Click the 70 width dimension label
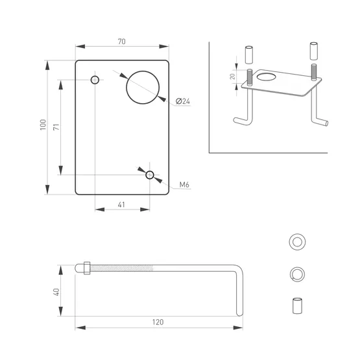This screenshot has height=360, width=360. tap(122, 42)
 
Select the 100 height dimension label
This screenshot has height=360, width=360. tap(43, 125)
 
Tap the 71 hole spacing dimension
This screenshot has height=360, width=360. tap(56, 127)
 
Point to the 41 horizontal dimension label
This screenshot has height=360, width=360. tap(121, 204)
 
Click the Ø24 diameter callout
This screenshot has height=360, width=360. tap(183, 101)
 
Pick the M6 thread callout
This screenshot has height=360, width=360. tap(184, 184)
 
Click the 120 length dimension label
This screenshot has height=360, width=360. tap(158, 322)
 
